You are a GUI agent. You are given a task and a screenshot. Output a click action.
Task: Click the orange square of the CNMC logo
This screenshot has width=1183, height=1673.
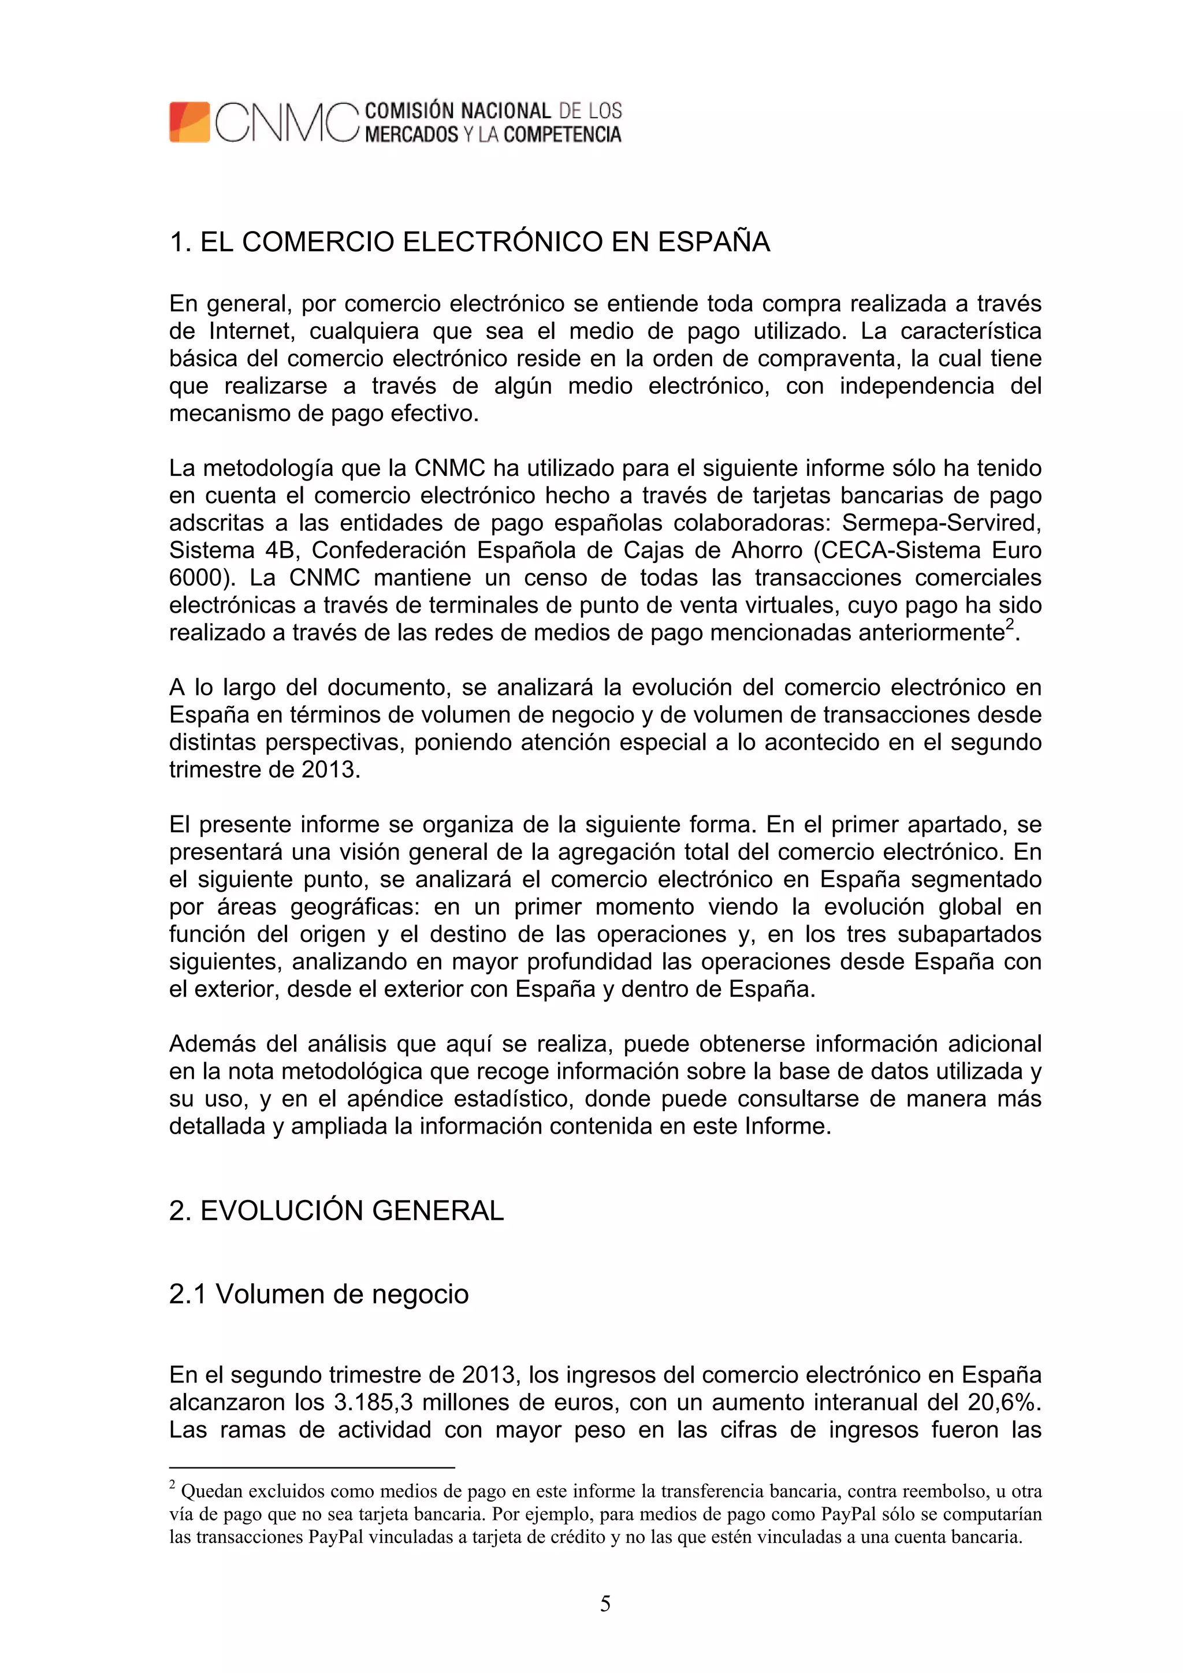coord(189,122)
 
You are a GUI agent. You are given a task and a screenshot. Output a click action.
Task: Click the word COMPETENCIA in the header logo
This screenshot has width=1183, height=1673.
coord(562,135)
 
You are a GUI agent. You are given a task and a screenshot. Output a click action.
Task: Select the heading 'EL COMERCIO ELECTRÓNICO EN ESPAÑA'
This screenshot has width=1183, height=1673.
coord(485,242)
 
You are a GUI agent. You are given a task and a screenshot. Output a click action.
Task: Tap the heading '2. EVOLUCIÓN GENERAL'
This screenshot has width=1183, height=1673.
coord(336,1210)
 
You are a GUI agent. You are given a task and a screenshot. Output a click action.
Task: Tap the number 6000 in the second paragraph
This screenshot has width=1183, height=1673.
coord(195,578)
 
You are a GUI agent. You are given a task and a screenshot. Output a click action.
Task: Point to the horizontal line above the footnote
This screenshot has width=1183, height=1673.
coord(311,1467)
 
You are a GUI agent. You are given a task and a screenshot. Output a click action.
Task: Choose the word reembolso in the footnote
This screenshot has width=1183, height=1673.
coord(936,1492)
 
